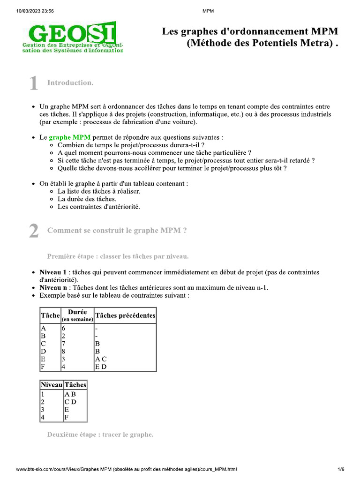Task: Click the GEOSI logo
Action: click(x=73, y=37)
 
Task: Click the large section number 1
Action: click(x=33, y=84)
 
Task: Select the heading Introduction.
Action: click(x=70, y=83)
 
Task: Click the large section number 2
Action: click(x=33, y=232)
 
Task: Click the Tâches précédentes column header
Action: click(x=125, y=315)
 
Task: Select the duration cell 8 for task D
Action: click(x=63, y=351)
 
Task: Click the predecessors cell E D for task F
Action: click(x=100, y=367)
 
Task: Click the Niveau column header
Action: click(x=51, y=384)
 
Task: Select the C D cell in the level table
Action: click(x=70, y=402)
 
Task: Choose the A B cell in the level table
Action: click(x=70, y=394)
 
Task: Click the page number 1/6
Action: click(x=341, y=469)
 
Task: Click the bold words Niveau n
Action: click(x=53, y=287)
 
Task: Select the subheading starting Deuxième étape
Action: click(x=100, y=435)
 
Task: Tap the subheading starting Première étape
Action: click(x=118, y=256)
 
